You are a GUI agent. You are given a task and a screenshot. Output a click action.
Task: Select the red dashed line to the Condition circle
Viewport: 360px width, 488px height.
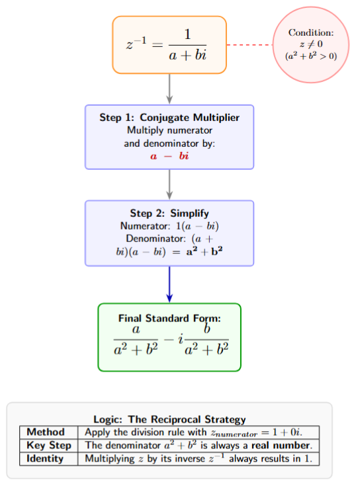(250, 45)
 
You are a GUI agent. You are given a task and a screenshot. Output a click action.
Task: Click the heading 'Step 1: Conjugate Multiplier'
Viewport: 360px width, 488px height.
(169, 118)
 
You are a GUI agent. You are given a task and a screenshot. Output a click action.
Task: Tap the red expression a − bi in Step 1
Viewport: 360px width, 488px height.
(169, 157)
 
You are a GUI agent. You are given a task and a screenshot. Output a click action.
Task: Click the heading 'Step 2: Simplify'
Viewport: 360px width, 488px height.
(169, 214)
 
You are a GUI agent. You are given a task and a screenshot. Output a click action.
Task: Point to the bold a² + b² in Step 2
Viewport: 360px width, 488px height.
(199, 253)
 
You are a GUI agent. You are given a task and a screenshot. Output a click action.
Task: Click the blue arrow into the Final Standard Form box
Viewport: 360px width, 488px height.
(169, 284)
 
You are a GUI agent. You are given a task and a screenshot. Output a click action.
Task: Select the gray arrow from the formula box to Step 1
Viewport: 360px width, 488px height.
(169, 88)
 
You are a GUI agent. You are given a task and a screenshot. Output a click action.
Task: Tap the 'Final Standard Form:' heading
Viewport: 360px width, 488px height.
(169, 318)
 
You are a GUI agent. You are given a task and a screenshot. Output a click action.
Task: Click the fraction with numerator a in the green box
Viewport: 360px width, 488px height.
(136, 341)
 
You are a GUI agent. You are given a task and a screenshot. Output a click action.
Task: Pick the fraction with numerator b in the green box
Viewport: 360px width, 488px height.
(206, 341)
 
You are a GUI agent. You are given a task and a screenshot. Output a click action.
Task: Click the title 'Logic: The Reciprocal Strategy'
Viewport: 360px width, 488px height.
(169, 419)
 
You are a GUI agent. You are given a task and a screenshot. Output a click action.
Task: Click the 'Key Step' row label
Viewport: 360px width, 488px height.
(47, 446)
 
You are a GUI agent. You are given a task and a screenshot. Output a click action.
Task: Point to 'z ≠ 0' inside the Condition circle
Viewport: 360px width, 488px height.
(310, 44)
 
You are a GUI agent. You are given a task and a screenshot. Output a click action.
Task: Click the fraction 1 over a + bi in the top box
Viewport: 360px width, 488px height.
(187, 45)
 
